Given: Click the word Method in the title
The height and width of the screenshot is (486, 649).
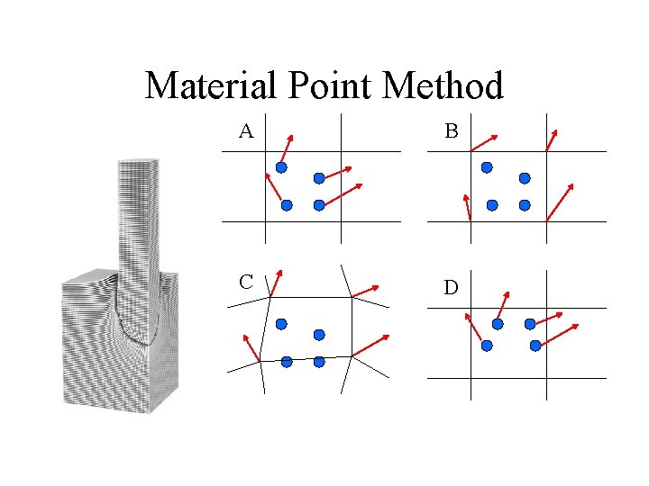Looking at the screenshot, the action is coord(443,86).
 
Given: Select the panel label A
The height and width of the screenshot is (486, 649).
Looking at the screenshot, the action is coord(245,131).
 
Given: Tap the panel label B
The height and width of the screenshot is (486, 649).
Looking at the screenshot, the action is coord(451,131).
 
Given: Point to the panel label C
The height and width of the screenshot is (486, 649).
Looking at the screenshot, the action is coord(245,281).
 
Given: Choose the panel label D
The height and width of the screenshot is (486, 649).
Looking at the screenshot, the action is coord(451,288).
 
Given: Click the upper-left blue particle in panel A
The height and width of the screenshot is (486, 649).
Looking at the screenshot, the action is coord(281,167).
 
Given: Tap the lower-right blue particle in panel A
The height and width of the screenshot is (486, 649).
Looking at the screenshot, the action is coord(319,205).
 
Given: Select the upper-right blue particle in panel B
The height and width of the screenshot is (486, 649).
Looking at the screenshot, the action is coord(525,178).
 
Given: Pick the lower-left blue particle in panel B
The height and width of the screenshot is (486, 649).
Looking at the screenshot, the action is coord(492,205).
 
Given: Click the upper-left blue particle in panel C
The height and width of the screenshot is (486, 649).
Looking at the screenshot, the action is coord(281,323).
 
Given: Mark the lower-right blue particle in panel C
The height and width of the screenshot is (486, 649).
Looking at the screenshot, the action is coord(319,362).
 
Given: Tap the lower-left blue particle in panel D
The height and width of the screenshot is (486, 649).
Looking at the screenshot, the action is coord(487,346).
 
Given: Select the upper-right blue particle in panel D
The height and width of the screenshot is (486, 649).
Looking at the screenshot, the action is coord(529,323).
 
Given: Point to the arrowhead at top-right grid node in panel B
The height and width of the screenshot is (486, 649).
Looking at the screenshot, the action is coord(555,132).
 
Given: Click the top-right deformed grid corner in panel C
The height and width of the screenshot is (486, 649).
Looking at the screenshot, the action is coord(351,296).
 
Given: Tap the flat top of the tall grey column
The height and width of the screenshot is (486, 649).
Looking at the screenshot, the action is coord(138,163).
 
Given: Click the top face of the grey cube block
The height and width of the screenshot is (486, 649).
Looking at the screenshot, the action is coord(91,275).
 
